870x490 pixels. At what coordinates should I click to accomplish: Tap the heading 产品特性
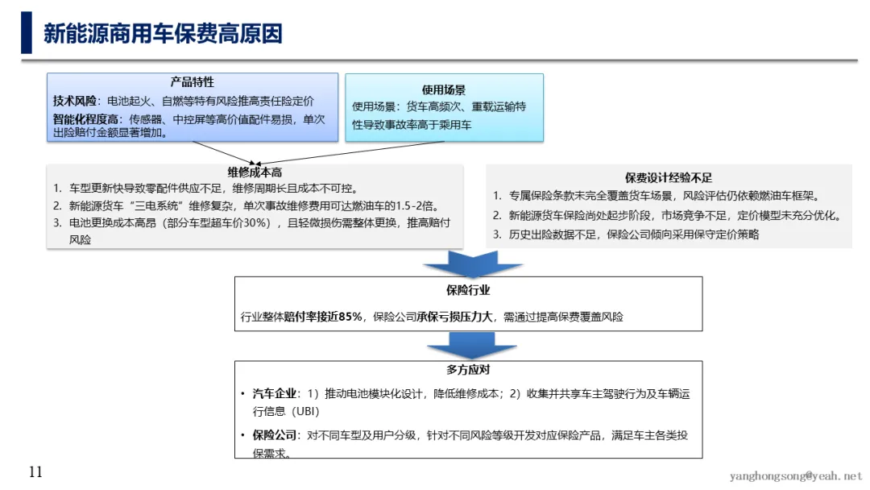192,82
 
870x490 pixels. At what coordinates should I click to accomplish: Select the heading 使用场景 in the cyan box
444,89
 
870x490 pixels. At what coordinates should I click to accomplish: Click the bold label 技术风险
75,101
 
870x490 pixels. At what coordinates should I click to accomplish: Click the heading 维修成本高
255,172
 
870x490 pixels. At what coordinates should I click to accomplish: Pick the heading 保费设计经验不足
669,177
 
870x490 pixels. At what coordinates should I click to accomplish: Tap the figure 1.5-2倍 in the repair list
413,206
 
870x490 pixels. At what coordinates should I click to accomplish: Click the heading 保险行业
468,290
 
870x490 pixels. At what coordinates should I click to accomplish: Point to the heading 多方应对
468,371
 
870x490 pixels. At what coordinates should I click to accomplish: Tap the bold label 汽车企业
275,394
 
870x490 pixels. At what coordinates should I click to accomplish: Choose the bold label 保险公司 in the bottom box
275,435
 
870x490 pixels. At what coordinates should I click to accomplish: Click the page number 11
35,472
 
